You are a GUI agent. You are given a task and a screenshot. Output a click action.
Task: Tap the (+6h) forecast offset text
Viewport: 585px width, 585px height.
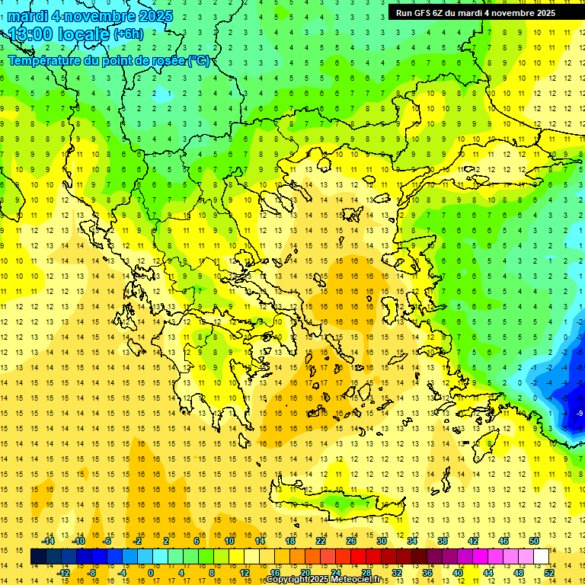tap(127, 34)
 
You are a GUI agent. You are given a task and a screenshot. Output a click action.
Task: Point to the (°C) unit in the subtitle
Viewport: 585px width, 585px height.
tap(199, 60)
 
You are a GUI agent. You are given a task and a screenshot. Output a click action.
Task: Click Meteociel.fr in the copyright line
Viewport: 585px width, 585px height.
tap(356, 580)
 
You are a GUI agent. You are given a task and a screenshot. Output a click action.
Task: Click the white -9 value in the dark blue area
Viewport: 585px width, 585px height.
tap(580, 413)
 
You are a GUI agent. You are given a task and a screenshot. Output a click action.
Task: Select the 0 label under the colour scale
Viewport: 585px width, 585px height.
tap(151, 573)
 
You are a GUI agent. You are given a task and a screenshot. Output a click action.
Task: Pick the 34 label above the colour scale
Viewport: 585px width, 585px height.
tap(412, 540)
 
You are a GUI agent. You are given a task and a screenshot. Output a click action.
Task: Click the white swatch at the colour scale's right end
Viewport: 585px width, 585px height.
tap(542, 557)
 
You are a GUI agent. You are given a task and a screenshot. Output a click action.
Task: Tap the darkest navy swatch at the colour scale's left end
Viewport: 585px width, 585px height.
tap(38, 557)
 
